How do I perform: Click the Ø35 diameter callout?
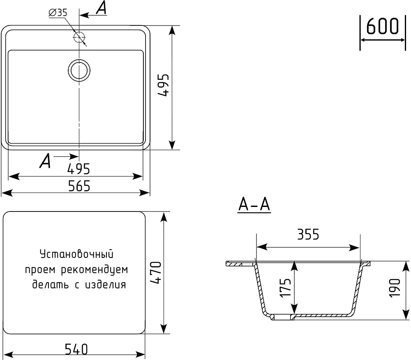(58, 13)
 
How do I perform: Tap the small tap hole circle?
(79, 37)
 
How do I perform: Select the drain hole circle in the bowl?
(79, 70)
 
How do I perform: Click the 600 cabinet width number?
(382, 26)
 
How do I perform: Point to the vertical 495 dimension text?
(165, 86)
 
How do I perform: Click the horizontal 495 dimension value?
(79, 169)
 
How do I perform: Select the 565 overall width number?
(79, 186)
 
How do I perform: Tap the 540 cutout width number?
(76, 349)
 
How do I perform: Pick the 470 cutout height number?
(157, 273)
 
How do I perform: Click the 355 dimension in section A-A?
(308, 235)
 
